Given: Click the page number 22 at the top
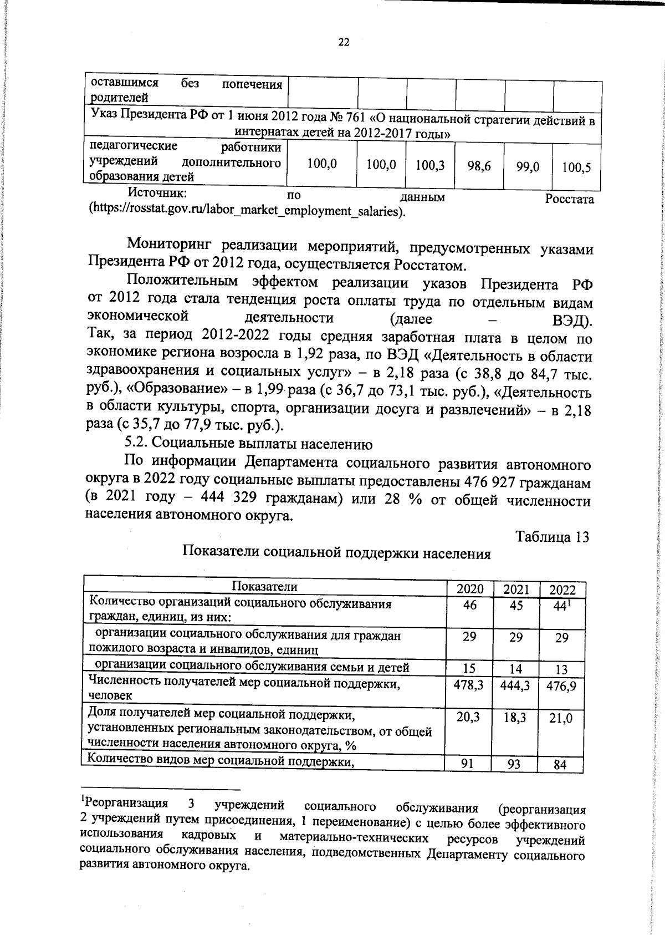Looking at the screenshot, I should pyautogui.click(x=344, y=42).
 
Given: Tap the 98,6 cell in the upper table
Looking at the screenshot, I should pyautogui.click(x=479, y=165).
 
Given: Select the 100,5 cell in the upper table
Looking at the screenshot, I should pyautogui.click(x=576, y=167).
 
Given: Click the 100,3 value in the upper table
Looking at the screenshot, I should pyautogui.click(x=430, y=165).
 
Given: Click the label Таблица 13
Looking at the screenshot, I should pyautogui.click(x=551, y=537).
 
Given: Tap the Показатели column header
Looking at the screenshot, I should pyautogui.click(x=264, y=587).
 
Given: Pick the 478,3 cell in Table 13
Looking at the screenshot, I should pyautogui.click(x=469, y=685).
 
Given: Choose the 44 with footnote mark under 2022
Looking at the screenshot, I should pyautogui.click(x=561, y=607).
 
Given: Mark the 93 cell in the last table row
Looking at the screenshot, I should pyautogui.click(x=515, y=764).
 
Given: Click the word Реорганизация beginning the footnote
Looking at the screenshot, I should pyautogui.click(x=126, y=803).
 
